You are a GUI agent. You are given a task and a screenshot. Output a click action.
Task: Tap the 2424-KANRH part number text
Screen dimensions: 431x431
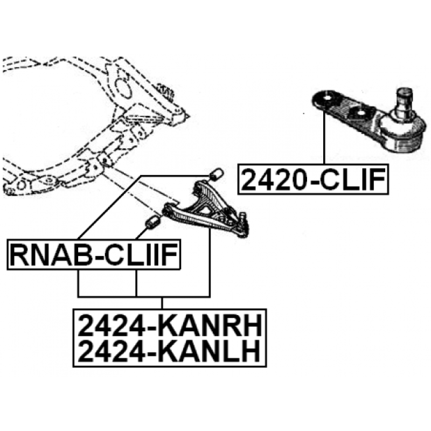pos(170,326)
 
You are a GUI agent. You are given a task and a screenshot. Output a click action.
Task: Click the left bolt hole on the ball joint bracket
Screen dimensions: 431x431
pos(322,99)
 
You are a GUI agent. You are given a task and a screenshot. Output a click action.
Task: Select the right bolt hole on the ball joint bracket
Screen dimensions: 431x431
pos(357,113)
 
